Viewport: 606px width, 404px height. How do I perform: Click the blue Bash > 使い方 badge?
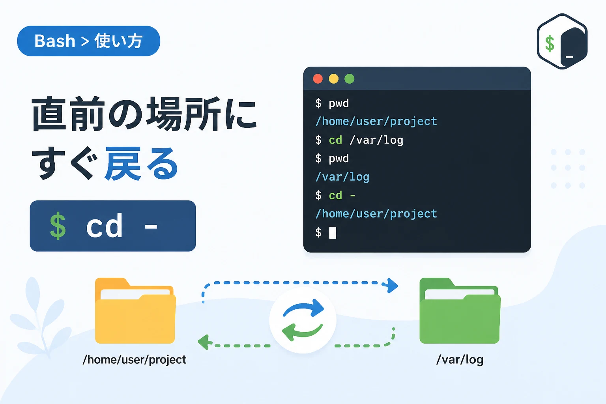click(88, 41)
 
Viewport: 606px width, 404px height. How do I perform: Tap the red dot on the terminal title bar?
click(318, 79)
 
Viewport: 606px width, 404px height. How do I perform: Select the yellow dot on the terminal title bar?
click(333, 79)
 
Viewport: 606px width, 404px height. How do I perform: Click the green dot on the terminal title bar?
click(349, 79)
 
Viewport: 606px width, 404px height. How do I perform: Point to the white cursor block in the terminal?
click(333, 233)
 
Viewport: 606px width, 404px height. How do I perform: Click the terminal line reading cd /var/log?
click(359, 140)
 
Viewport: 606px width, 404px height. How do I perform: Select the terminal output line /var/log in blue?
click(342, 177)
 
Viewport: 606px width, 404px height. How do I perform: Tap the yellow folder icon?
click(135, 310)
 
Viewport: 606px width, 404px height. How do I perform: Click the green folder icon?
click(460, 310)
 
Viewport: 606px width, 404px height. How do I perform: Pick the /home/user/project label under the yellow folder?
click(135, 360)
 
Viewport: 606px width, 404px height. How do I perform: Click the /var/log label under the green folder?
click(460, 360)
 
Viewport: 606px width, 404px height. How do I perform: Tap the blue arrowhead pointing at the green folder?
click(391, 285)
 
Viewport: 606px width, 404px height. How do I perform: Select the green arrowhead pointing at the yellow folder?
click(205, 342)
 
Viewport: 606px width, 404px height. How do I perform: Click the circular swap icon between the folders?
click(303, 320)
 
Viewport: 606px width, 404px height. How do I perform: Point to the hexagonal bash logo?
click(562, 41)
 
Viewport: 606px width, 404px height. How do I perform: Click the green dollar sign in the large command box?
click(58, 226)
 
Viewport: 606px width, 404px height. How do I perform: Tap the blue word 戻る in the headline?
click(142, 164)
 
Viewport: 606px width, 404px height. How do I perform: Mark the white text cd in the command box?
click(105, 226)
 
